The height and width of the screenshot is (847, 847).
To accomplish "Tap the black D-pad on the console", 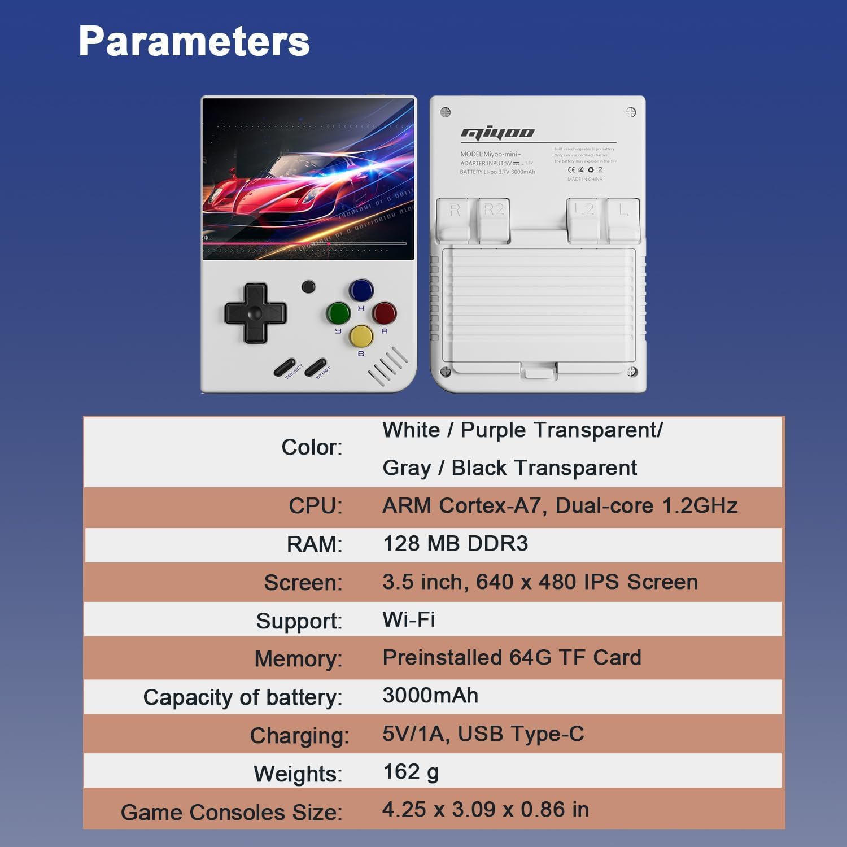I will tap(255, 313).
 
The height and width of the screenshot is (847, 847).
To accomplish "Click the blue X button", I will tap(361, 290).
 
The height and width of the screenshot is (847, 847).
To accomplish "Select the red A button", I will tap(384, 313).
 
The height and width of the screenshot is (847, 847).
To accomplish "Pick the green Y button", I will tap(338, 313).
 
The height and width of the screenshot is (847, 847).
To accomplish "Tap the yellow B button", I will tap(361, 336).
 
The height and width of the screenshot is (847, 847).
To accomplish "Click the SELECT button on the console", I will tap(285, 367).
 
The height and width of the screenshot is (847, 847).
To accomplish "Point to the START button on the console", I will tap(315, 367).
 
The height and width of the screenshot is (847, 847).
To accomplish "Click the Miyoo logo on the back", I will tap(497, 133).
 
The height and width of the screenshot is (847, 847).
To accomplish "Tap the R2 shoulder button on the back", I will tap(494, 217).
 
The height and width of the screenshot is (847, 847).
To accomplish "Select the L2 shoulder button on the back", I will tap(584, 217).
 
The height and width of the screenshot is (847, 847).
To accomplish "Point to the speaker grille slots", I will tap(387, 366).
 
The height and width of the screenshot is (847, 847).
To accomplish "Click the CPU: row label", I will tap(315, 506).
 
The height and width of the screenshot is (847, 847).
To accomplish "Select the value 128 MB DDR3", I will tap(455, 543).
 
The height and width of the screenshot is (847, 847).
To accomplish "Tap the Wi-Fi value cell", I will tap(409, 619).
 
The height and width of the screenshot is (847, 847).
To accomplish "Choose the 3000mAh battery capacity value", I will tap(430, 695).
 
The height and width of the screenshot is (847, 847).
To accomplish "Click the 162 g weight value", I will tap(411, 772).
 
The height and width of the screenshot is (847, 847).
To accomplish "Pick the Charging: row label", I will tap(299, 736).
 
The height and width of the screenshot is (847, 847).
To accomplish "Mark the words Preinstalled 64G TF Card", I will tap(512, 657).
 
